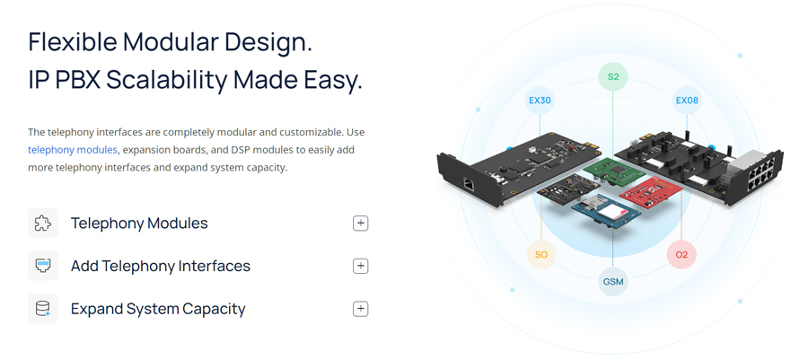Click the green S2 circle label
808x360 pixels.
(x=612, y=76)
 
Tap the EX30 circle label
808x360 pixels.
(x=540, y=100)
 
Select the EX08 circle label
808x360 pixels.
(x=687, y=100)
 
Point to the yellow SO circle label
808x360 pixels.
(x=541, y=254)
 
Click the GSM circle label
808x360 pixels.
(x=612, y=281)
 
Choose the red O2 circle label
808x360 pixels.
(x=681, y=254)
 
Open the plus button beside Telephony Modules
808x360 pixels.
(x=361, y=223)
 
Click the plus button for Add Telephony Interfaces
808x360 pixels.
(x=361, y=266)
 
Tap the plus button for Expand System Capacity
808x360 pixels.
(x=361, y=309)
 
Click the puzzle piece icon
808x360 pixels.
(x=43, y=223)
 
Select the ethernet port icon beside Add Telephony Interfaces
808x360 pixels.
(x=43, y=266)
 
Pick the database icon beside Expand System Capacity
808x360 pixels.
(x=43, y=309)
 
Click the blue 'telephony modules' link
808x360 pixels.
(x=73, y=150)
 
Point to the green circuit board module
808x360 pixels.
(x=614, y=173)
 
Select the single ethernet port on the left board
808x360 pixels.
(x=469, y=184)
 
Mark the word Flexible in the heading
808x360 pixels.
(x=72, y=41)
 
